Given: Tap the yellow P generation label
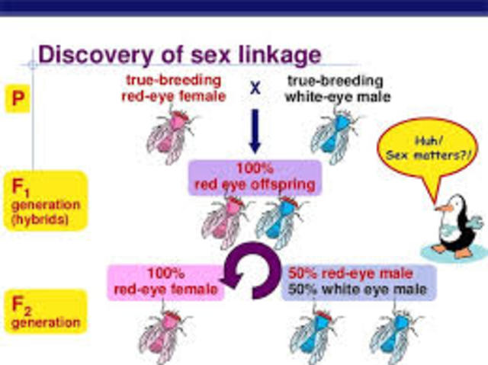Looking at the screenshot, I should [x=18, y=100].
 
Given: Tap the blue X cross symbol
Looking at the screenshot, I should [x=255, y=88].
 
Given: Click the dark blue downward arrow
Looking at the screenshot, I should [x=255, y=133].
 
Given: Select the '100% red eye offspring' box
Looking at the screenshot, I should [x=252, y=178].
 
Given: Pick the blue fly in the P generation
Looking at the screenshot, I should [x=333, y=133].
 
